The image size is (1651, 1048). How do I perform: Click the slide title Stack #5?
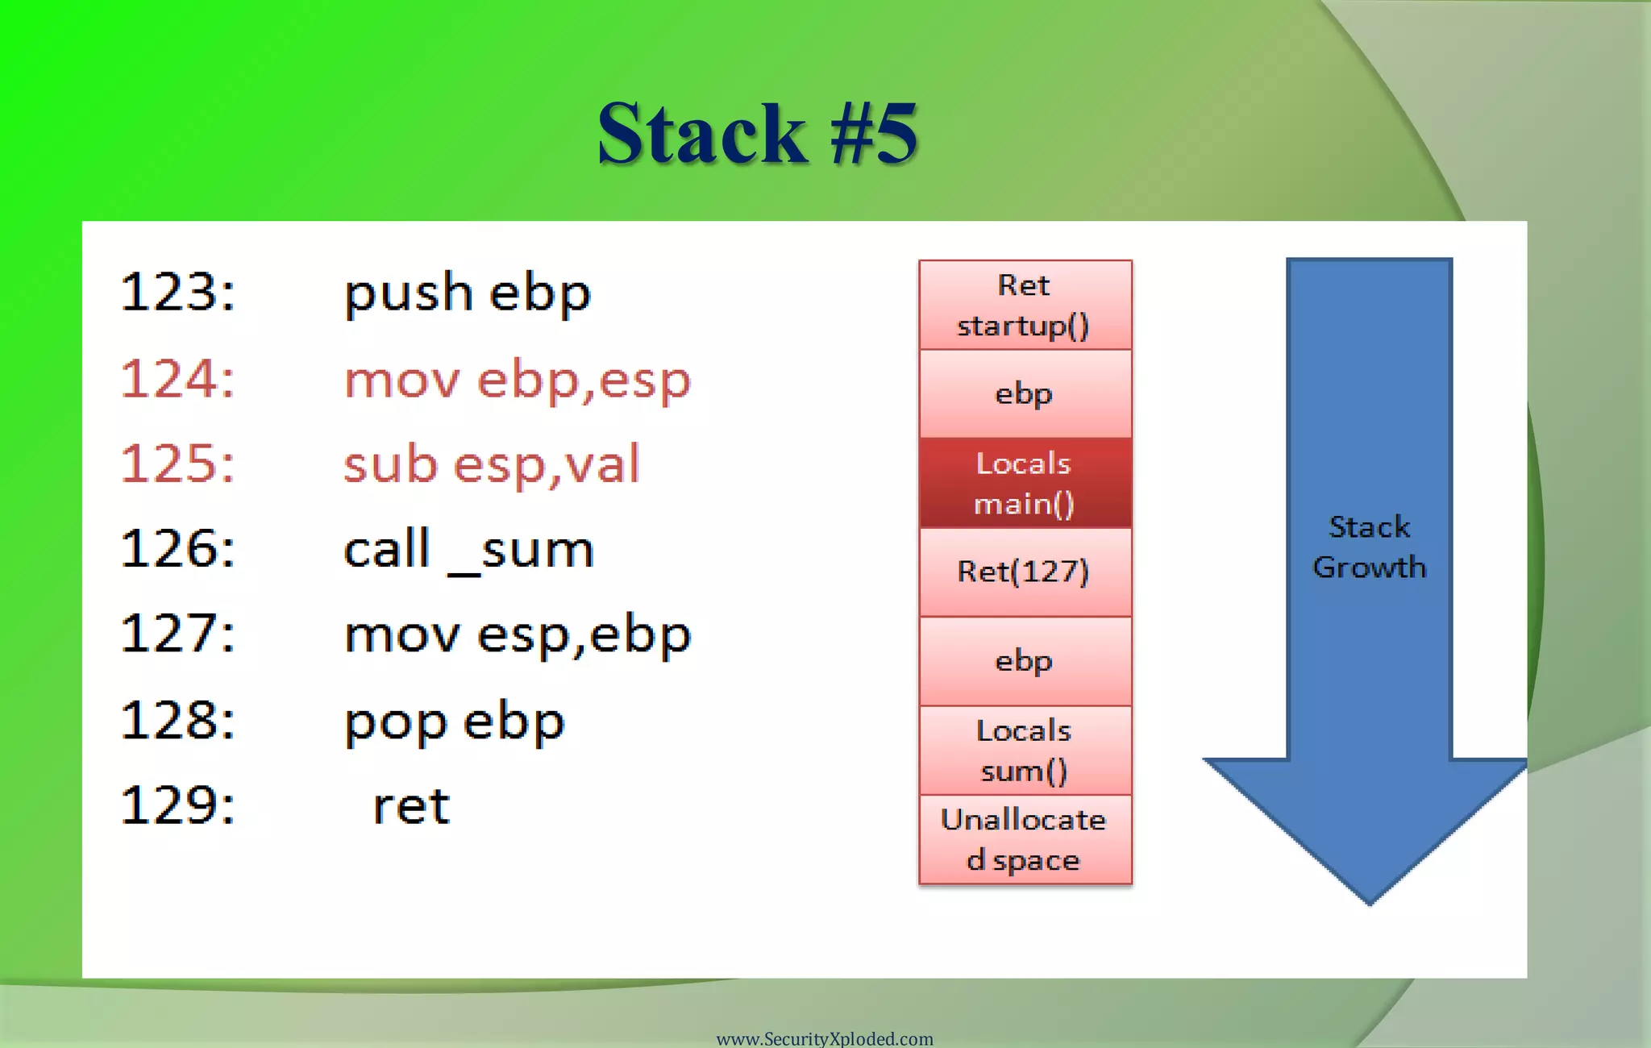tap(757, 134)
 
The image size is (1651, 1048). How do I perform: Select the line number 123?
tap(178, 292)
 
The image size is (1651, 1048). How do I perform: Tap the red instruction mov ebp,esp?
tap(517, 379)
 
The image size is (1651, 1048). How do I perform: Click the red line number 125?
tap(178, 464)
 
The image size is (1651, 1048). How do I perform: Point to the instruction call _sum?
tap(468, 550)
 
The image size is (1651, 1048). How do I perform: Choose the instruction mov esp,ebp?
tap(517, 634)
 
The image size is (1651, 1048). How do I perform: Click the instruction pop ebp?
tap(454, 722)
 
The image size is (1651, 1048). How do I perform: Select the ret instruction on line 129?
tap(410, 806)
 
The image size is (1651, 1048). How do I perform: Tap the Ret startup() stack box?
tap(1025, 306)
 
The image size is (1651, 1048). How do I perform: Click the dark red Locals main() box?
tap(1025, 483)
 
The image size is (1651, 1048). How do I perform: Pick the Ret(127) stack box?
tap(1025, 572)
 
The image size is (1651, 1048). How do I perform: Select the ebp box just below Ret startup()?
tap(1025, 394)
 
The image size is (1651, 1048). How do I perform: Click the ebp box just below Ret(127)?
tap(1025, 661)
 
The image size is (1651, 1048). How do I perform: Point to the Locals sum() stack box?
tap(1025, 751)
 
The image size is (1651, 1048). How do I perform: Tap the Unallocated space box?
tap(1025, 839)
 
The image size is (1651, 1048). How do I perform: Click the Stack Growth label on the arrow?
tap(1369, 547)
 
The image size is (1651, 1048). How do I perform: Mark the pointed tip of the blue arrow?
tap(1369, 901)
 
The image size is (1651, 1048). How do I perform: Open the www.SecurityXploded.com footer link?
tap(824, 1038)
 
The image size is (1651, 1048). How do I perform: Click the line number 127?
tap(178, 634)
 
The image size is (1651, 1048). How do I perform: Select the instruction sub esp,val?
tap(491, 464)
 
